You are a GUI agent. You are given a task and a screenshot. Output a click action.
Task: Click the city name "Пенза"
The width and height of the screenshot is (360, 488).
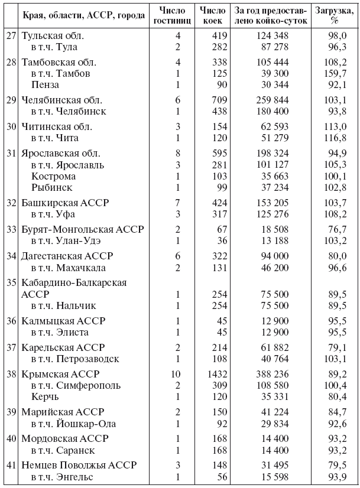click(46, 84)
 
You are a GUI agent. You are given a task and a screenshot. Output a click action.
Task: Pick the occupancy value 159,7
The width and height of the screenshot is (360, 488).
click(335, 73)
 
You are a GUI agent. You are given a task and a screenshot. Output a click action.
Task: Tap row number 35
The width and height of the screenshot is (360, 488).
click(11, 282)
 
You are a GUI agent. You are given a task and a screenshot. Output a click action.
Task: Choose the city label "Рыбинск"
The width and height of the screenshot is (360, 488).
click(52, 187)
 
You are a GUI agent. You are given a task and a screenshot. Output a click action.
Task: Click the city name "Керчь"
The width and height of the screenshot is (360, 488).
click(46, 397)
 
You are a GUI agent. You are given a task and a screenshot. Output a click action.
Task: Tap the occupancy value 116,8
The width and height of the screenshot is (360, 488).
click(335, 138)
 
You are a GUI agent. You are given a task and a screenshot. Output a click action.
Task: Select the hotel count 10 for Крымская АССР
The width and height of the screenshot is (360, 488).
click(176, 375)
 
